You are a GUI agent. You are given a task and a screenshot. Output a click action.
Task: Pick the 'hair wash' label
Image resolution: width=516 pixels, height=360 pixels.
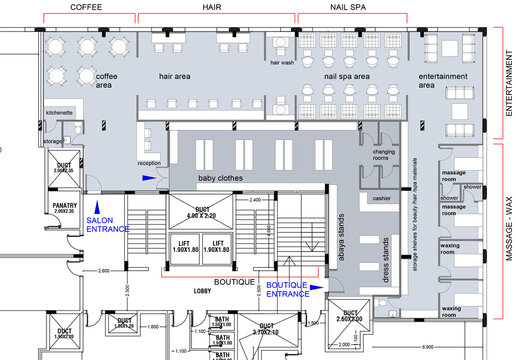click(282, 64)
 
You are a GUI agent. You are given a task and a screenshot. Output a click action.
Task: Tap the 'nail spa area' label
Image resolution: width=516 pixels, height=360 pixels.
click(347, 76)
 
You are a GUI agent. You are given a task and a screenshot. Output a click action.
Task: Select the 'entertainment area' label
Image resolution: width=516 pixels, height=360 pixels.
click(441, 81)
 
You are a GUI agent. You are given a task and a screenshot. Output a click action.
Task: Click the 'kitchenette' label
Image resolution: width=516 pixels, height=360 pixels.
click(59, 113)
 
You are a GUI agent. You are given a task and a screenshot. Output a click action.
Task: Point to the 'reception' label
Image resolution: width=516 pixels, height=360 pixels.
click(149, 163)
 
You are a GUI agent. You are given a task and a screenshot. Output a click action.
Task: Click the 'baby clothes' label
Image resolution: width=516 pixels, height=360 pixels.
click(220, 178)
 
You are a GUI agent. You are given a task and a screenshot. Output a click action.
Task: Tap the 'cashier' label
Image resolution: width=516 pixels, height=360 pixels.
click(381, 198)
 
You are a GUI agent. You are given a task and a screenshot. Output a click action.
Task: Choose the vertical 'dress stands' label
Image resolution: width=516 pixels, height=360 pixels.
click(387, 258)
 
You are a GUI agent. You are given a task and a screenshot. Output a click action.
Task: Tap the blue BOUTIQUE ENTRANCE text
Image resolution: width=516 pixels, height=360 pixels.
click(291, 289)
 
